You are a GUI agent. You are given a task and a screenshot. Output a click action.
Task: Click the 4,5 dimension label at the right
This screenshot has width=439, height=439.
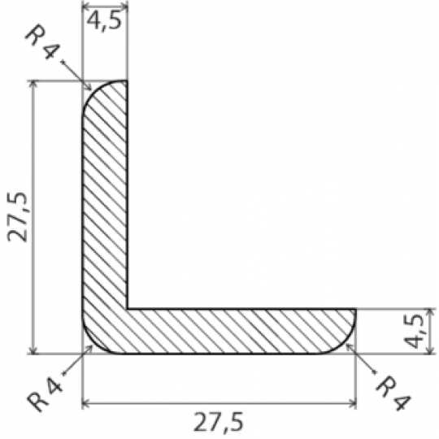point(414,331)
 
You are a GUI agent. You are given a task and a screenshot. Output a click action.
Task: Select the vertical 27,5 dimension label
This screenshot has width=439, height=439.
point(17,217)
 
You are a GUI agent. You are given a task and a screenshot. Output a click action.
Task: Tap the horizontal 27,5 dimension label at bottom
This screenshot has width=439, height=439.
point(219,422)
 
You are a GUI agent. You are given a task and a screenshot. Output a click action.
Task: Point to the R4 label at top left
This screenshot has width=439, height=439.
point(42,41)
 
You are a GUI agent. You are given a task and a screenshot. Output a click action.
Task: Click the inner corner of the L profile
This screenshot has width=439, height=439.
point(128,309)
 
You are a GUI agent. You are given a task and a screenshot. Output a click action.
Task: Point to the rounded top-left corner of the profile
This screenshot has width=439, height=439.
point(93,91)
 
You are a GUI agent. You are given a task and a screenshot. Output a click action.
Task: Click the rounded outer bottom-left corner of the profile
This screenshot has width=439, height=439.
point(93,344)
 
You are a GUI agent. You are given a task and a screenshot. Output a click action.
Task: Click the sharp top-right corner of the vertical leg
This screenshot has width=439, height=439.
point(127,80)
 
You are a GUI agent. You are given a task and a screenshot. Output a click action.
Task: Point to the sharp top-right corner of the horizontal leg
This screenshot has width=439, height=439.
point(356,309)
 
